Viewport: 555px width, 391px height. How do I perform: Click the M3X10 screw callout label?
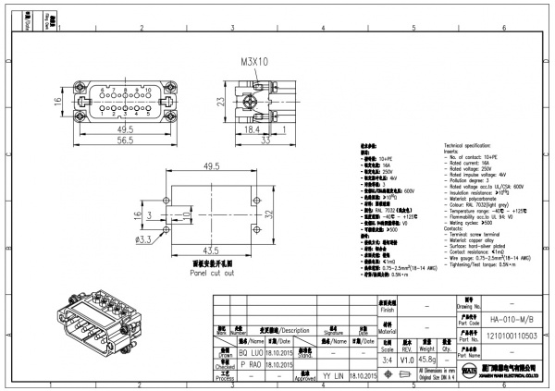[254, 62]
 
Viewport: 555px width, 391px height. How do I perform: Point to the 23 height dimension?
[221, 104]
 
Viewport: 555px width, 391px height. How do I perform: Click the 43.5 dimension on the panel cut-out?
[212, 250]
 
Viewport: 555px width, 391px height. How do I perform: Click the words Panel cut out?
[212, 274]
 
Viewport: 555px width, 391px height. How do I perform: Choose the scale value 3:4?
[386, 360]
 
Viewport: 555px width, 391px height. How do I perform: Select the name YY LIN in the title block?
[334, 376]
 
